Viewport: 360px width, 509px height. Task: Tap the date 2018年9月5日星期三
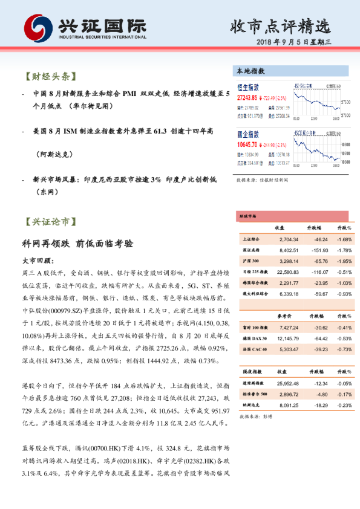[294, 42]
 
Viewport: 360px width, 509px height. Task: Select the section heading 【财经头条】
[51, 77]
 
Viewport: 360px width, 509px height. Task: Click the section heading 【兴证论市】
[51, 221]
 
